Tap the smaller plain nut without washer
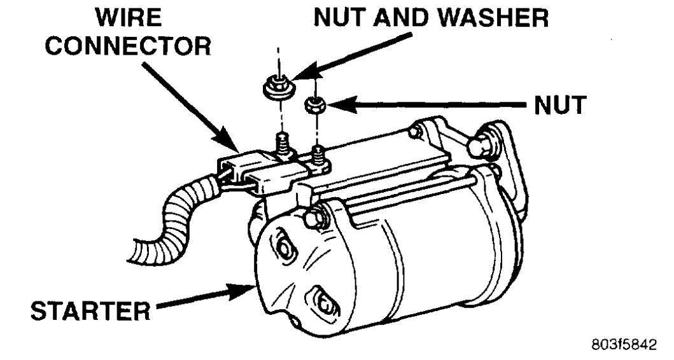(x=313, y=104)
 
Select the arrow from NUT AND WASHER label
(x=356, y=54)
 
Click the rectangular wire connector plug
(x=255, y=173)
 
